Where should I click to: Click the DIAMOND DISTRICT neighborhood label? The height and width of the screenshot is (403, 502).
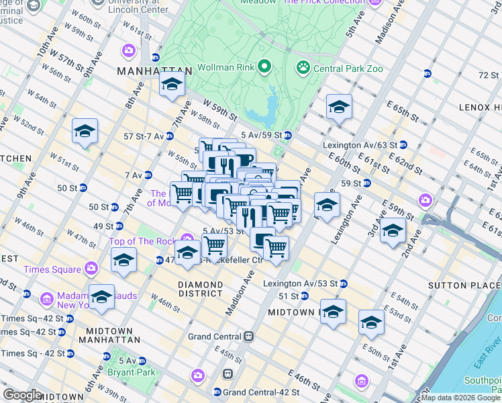(200, 289)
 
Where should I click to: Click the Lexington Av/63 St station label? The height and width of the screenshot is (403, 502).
(360, 144)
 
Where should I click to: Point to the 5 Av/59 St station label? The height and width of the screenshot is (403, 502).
(261, 134)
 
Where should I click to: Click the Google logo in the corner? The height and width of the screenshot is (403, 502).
(23, 395)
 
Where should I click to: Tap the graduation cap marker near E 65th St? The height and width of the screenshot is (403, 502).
(339, 107)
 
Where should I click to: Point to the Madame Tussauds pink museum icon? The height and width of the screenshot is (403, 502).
(46, 298)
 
